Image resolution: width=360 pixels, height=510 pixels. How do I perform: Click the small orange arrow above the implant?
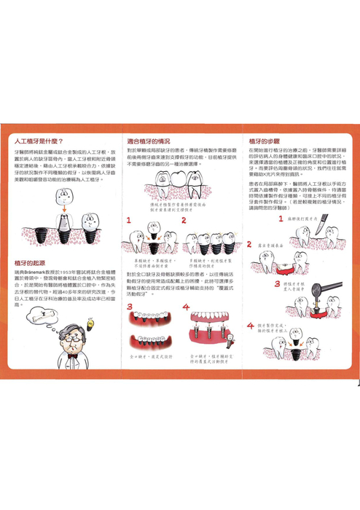(65, 207)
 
